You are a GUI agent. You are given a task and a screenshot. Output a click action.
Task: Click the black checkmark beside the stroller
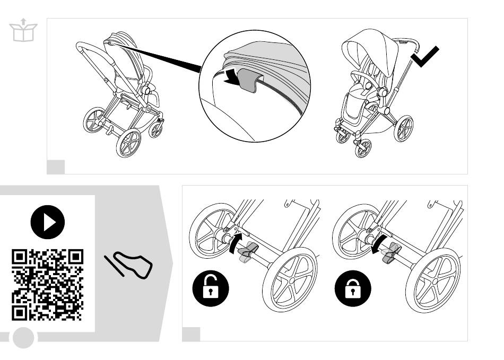(425, 57)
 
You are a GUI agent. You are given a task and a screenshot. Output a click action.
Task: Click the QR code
(47, 285)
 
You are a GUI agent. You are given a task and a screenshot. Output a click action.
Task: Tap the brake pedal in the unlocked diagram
(247, 251)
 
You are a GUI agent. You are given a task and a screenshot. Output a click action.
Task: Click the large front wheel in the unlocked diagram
(290, 279)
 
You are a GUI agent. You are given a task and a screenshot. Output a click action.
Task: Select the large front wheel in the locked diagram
(433, 279)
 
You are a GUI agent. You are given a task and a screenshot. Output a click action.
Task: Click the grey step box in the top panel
(56, 166)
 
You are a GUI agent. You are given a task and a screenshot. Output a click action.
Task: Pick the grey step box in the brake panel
(191, 334)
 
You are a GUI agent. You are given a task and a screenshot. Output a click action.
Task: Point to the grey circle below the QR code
(23, 337)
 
